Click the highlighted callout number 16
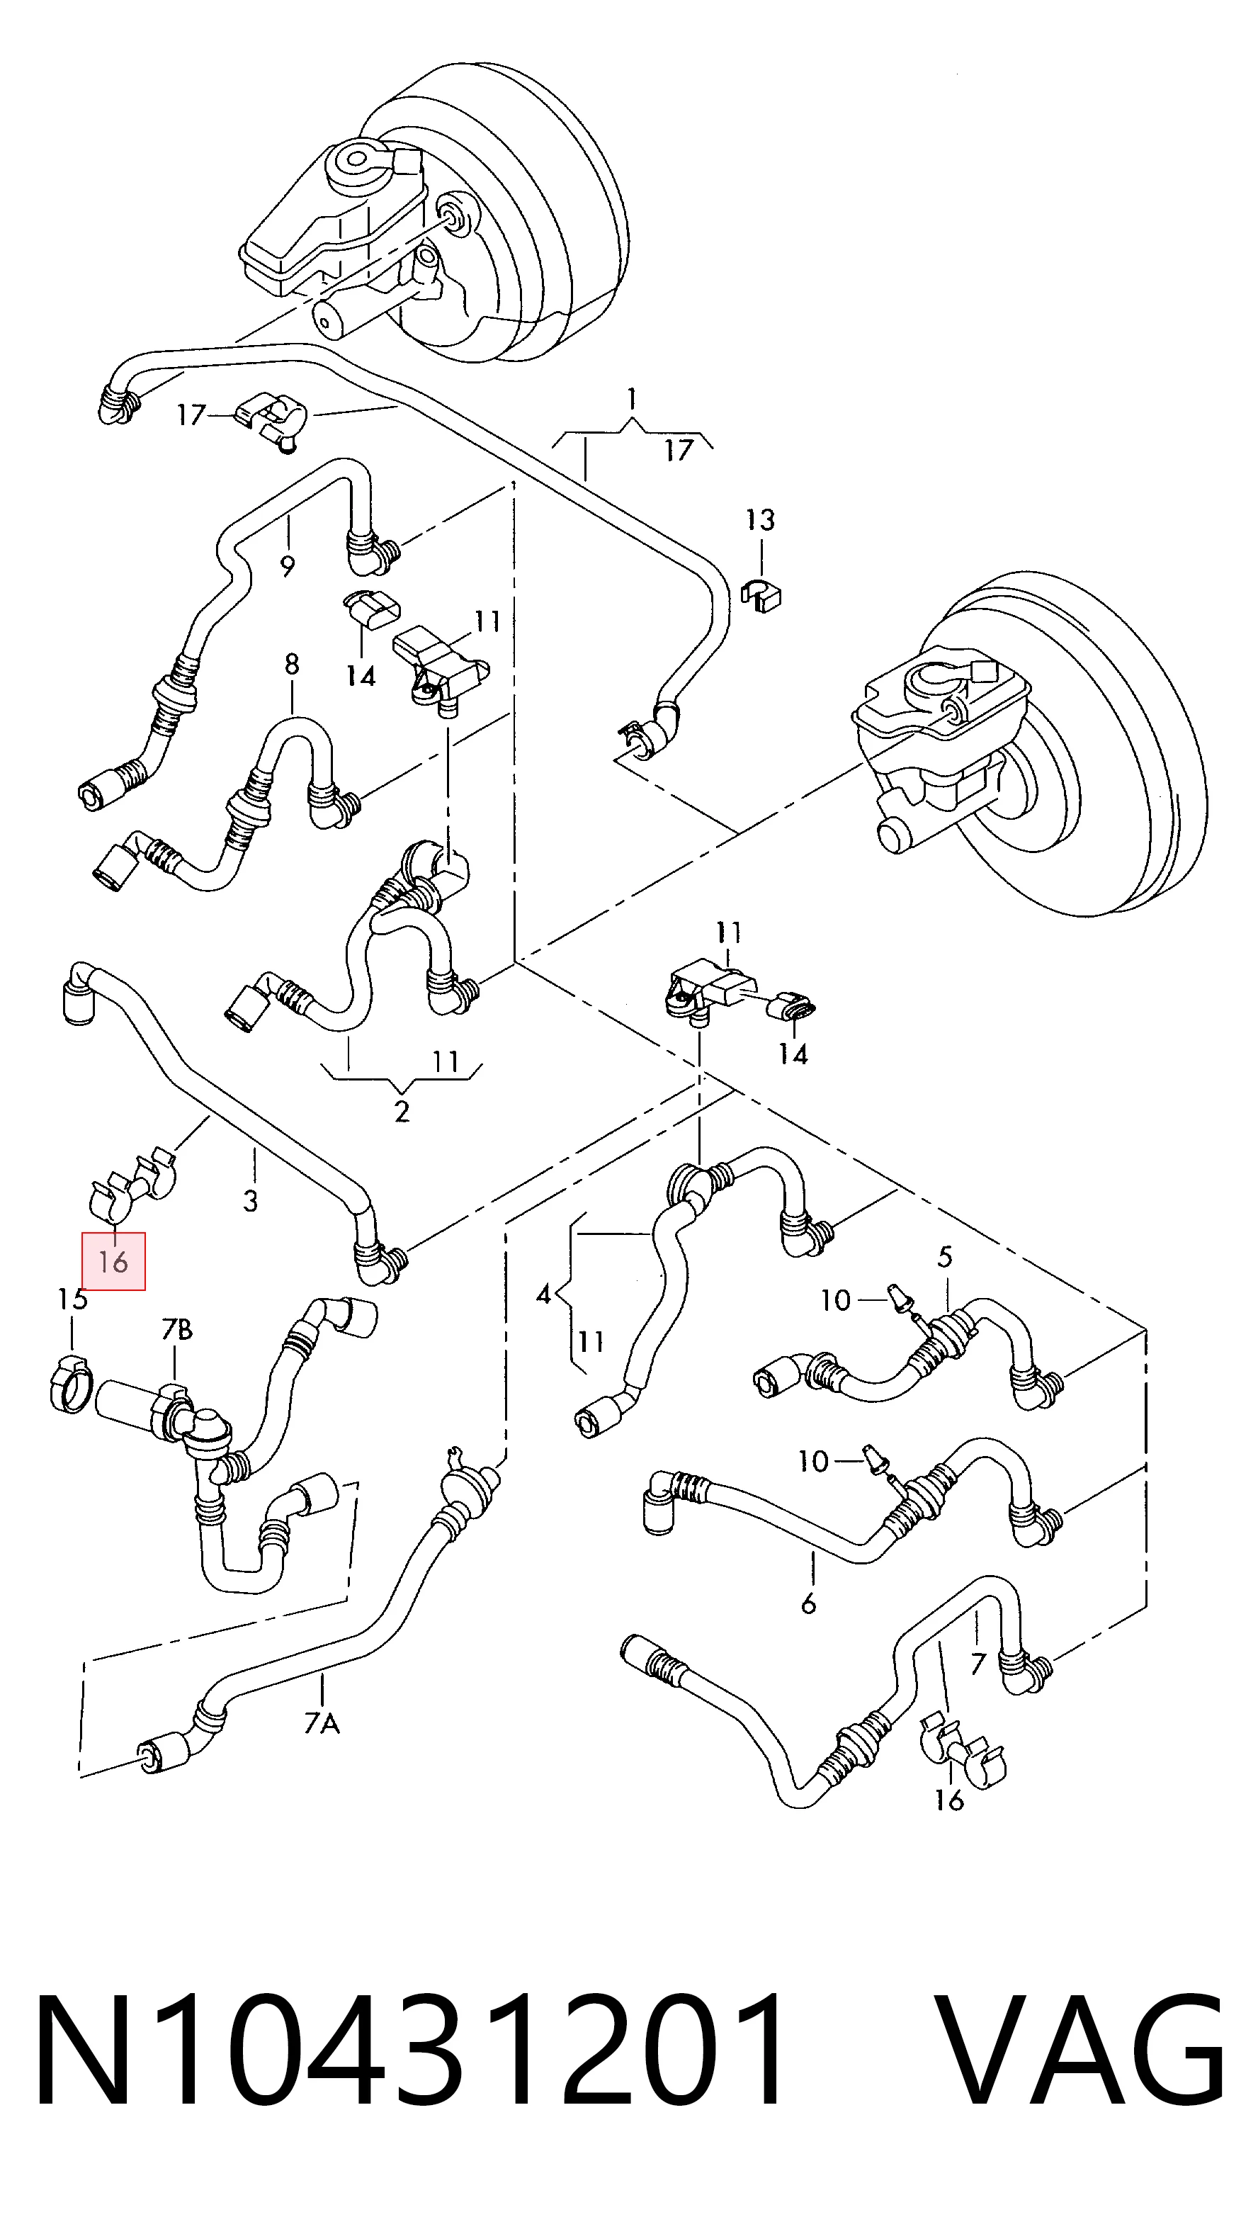113,1261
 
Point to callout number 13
759,520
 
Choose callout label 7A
322,1722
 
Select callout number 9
288,566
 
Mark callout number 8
291,665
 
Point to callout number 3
251,1200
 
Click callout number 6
808,1603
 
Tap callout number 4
543,1294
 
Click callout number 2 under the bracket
402,1111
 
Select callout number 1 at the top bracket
632,399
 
